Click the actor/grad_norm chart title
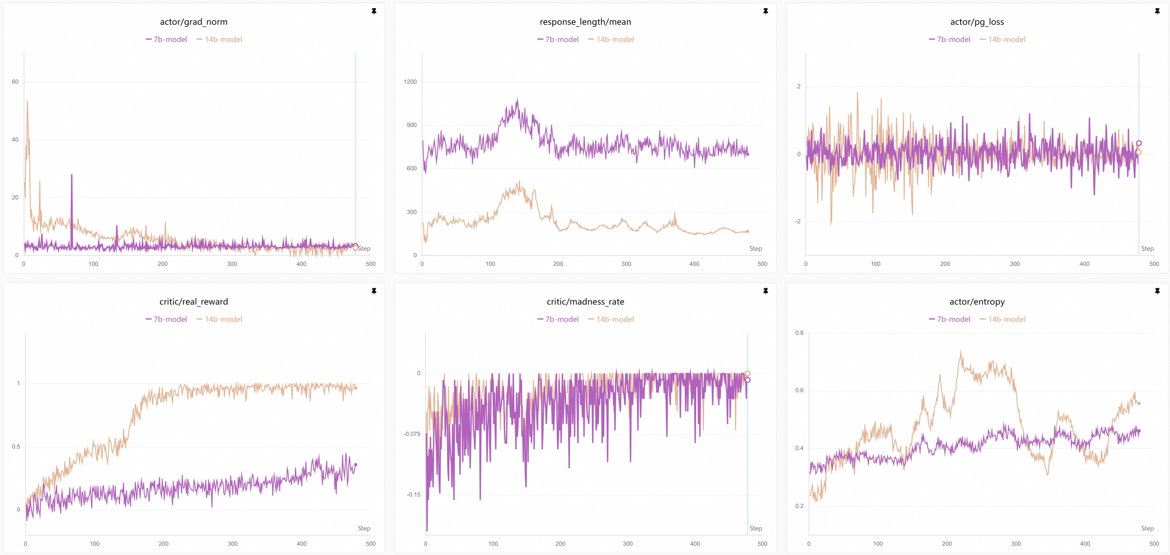coord(193,22)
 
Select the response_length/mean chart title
coord(585,22)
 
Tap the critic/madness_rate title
coord(585,302)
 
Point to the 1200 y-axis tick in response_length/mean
coord(410,82)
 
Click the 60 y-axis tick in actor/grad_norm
coord(15,82)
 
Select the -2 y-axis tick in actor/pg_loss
coord(798,222)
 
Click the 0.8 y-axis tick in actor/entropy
coord(800,333)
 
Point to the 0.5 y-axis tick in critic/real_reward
coord(16,447)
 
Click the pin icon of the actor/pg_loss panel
coord(1157,11)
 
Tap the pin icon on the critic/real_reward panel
coord(374,291)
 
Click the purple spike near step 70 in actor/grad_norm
coord(72,175)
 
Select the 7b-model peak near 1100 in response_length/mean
coord(517,99)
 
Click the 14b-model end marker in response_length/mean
coord(747,232)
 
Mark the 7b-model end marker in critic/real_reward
coord(356,465)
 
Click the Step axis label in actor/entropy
coord(1147,528)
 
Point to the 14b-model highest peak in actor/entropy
coord(961,351)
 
